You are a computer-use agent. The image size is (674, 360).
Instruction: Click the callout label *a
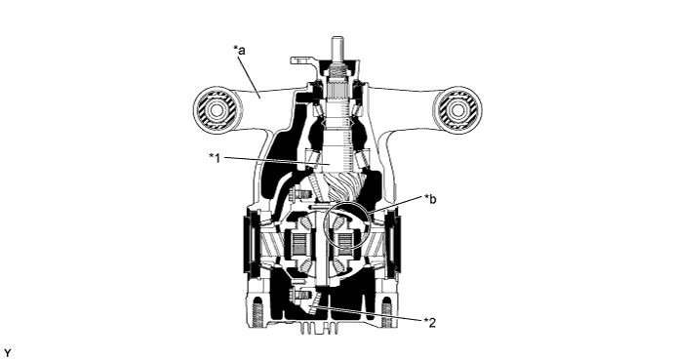pyautogui.click(x=239, y=51)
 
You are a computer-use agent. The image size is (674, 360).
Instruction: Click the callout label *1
pyautogui.click(x=215, y=158)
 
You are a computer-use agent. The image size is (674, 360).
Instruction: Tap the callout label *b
pyautogui.click(x=430, y=200)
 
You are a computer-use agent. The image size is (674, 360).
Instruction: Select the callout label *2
pyautogui.click(x=430, y=322)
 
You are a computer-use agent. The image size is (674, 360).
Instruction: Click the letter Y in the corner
pyautogui.click(x=6, y=353)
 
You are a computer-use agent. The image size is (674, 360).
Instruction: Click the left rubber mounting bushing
pyautogui.click(x=215, y=110)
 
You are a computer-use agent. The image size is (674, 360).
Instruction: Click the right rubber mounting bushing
pyautogui.click(x=457, y=110)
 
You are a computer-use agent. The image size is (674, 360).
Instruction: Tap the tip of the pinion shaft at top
pyautogui.click(x=338, y=38)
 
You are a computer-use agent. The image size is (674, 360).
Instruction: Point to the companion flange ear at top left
pyautogui.click(x=297, y=60)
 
